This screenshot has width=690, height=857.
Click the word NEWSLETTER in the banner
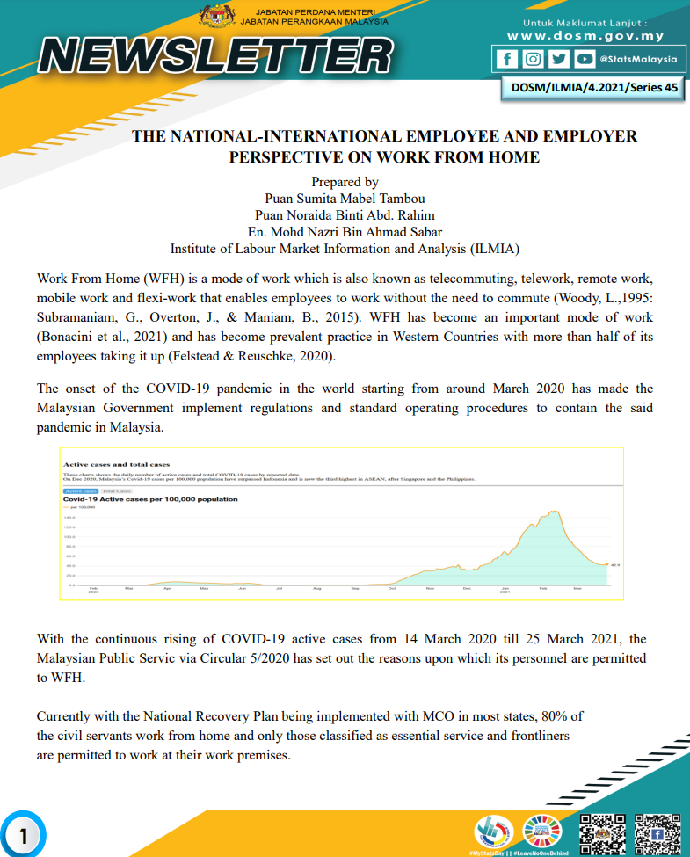click(x=216, y=56)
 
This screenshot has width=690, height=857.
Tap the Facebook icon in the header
click(x=507, y=59)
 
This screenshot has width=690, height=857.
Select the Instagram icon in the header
click(x=533, y=59)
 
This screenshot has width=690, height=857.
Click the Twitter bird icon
click(x=558, y=59)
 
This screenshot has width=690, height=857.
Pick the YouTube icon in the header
click(x=584, y=59)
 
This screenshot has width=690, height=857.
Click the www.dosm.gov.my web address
click(x=585, y=36)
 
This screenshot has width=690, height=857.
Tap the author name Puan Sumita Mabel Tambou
click(x=345, y=199)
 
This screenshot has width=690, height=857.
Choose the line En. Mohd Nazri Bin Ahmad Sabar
click(x=345, y=231)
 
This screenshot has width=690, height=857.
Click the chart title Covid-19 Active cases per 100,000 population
click(x=150, y=499)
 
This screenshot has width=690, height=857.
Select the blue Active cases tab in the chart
click(x=80, y=491)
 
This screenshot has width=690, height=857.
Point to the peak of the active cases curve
click(x=555, y=512)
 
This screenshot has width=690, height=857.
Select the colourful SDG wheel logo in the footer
click(x=541, y=831)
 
